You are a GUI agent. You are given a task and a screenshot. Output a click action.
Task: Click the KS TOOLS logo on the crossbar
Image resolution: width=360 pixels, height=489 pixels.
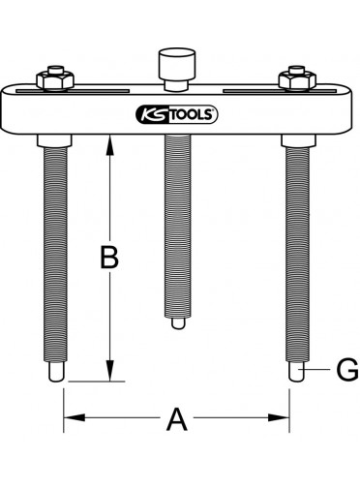point(177,114)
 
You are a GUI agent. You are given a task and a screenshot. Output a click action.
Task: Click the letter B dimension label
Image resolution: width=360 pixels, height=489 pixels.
point(109,258)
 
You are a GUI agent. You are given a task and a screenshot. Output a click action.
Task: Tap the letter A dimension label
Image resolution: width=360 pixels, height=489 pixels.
point(176,419)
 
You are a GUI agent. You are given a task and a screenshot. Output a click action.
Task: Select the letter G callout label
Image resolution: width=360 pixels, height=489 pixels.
point(347,369)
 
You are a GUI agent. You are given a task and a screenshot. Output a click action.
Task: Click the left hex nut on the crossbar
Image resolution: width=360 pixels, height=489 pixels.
point(55,79)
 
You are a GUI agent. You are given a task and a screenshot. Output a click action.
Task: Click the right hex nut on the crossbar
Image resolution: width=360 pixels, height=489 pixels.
point(297,79)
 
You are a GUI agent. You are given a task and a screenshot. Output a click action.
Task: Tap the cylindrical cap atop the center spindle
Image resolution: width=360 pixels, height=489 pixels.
point(177,65)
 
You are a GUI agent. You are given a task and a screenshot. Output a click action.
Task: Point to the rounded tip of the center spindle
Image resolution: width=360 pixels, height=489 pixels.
point(177,323)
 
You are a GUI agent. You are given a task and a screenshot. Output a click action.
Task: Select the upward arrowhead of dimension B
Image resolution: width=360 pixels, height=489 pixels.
point(110,145)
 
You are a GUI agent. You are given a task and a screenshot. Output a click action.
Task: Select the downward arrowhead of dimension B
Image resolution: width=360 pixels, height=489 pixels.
point(110,371)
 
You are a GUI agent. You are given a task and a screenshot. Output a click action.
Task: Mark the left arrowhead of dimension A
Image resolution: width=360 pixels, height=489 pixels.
point(75,417)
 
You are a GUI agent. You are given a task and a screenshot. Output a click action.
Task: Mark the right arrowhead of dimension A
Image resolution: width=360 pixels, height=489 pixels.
point(279,417)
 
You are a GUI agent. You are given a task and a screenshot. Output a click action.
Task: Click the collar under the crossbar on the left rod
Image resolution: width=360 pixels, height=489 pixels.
point(54,141)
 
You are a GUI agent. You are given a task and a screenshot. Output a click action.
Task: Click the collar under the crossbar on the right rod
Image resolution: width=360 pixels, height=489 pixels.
point(298,141)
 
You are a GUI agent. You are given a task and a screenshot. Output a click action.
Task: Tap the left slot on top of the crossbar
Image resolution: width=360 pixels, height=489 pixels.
point(73,91)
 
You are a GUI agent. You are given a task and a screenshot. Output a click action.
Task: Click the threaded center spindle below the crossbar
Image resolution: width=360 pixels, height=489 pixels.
point(177,226)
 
